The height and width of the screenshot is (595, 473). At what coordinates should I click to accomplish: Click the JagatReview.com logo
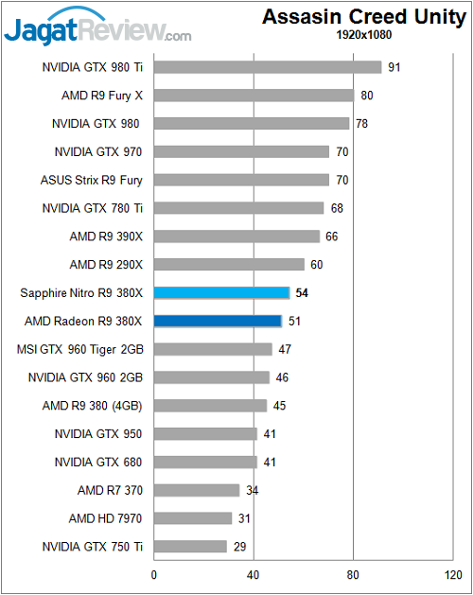tap(96, 28)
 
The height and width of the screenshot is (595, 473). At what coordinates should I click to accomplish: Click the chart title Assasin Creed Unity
tap(363, 17)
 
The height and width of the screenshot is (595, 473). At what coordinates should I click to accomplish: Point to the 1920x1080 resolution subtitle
tap(363, 35)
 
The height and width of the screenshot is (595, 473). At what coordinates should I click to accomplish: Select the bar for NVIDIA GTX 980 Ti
tap(268, 67)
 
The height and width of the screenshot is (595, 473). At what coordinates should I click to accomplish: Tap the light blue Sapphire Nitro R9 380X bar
tap(221, 293)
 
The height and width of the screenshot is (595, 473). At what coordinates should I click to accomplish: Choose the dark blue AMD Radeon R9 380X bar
tap(218, 322)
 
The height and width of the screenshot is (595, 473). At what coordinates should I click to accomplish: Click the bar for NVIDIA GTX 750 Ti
tap(190, 547)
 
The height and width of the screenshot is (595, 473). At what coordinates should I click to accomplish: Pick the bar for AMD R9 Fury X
tap(254, 96)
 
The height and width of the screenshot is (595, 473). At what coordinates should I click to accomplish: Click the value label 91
tap(394, 67)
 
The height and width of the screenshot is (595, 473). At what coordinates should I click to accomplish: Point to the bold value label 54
tap(302, 293)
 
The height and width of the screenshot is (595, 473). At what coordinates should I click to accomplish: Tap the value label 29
tap(240, 547)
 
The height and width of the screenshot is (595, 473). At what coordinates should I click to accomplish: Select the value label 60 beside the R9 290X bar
tap(317, 265)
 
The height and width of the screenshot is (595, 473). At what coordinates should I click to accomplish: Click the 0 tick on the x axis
tap(154, 573)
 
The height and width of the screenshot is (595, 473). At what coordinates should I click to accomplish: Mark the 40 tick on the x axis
tap(254, 573)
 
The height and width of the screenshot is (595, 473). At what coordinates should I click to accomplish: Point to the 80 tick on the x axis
tap(353, 573)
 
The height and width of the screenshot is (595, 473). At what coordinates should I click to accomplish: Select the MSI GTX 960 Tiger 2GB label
tap(80, 349)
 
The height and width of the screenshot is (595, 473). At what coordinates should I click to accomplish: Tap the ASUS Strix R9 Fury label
tap(92, 180)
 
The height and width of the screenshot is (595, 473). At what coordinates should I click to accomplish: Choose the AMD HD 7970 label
tap(107, 518)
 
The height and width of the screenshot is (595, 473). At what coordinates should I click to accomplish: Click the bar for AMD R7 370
tap(197, 490)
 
